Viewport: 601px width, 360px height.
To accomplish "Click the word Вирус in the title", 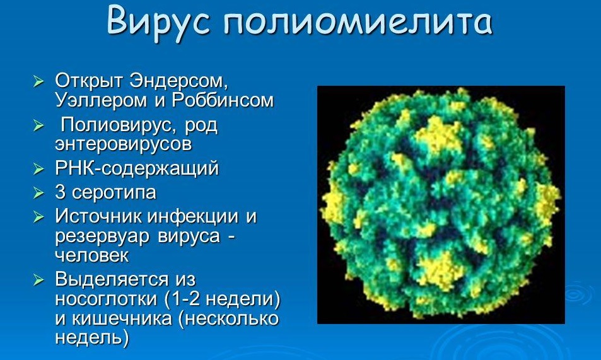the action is [x=158, y=21].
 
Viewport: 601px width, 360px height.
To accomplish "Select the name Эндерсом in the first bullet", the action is [x=176, y=81].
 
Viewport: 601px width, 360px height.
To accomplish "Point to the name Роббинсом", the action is [x=223, y=100].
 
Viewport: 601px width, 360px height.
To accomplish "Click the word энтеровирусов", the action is [x=124, y=144].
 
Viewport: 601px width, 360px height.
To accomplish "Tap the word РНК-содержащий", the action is [x=137, y=168].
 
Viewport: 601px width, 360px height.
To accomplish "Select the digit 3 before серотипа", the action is [x=60, y=192].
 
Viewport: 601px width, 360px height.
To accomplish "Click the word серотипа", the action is [x=114, y=193].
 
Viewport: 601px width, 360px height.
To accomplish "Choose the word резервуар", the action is [x=102, y=236].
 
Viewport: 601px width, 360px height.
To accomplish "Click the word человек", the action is [x=92, y=255].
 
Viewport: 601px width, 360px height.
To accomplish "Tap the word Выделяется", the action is [x=112, y=279].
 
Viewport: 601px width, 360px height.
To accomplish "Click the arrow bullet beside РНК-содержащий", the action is [x=38, y=168].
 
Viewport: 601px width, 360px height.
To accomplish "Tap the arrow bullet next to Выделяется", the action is [x=38, y=279].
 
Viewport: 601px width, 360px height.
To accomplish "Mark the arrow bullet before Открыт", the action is [x=38, y=81].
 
